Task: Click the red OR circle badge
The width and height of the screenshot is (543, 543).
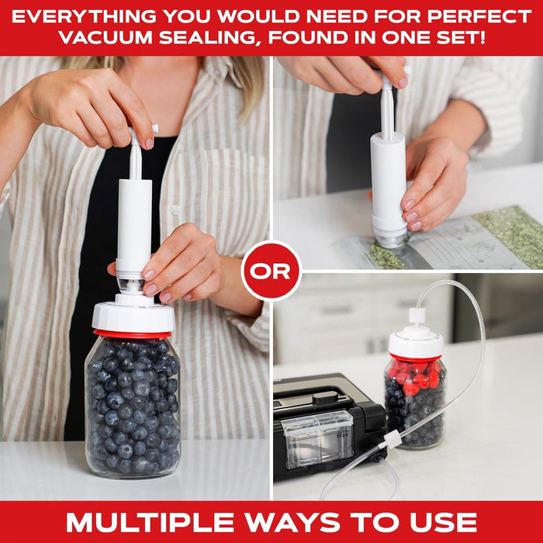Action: pyautogui.click(x=271, y=271)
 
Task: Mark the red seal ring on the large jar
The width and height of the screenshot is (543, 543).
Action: pyautogui.click(x=133, y=334)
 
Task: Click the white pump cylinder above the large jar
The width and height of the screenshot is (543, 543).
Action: pyautogui.click(x=134, y=225)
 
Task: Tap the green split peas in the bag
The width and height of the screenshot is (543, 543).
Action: pyautogui.click(x=508, y=233)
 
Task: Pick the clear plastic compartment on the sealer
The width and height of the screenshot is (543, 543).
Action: pyautogui.click(x=318, y=438)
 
